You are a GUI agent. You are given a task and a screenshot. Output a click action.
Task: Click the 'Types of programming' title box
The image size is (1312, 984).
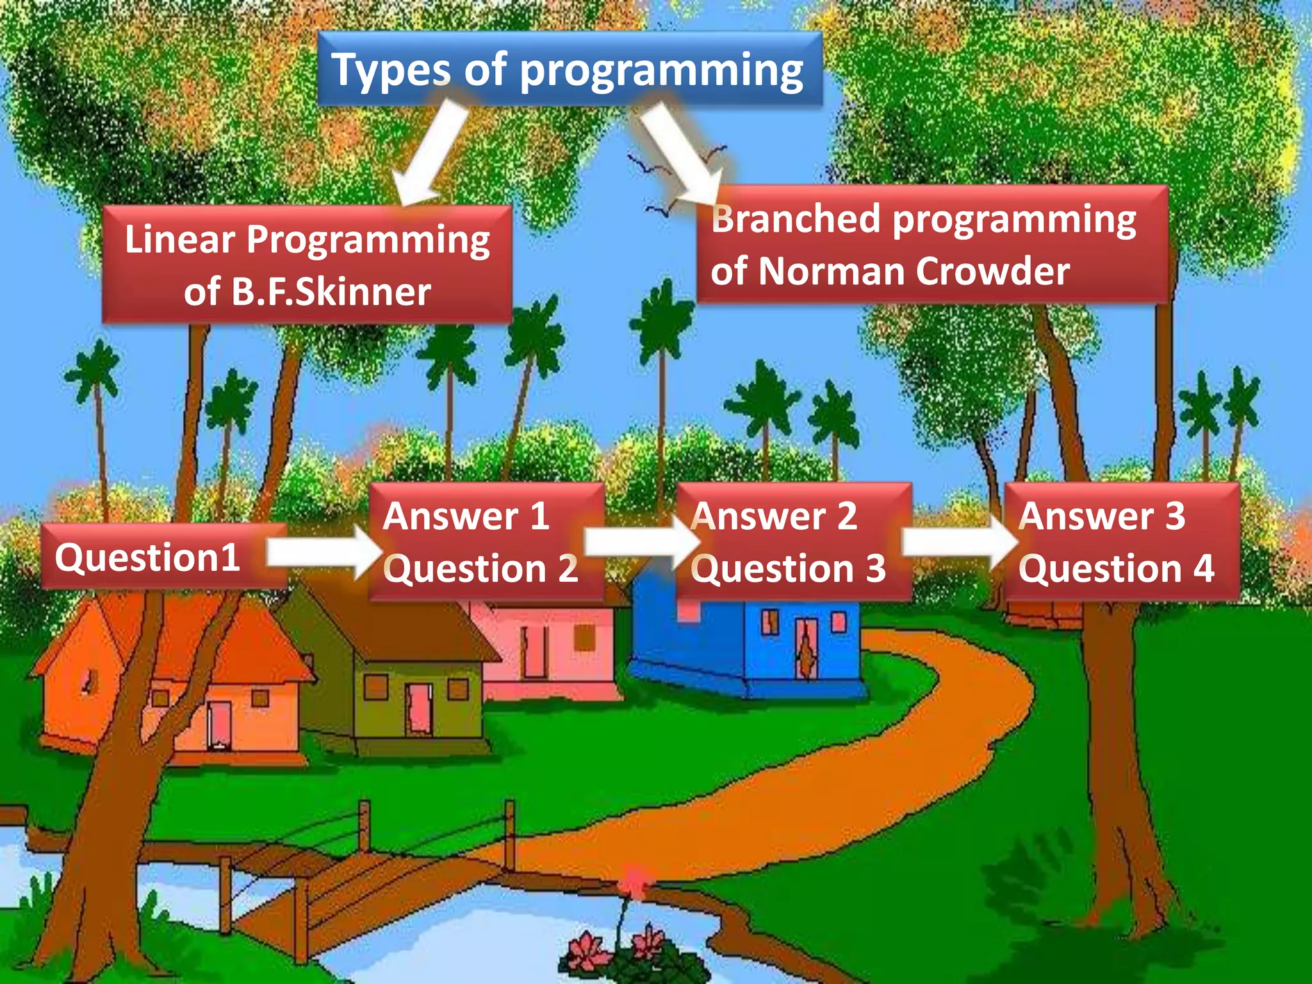[569, 69]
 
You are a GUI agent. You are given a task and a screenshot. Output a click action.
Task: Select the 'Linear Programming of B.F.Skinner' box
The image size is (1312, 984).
[307, 265]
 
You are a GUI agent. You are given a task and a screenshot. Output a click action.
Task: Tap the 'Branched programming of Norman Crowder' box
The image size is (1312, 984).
[932, 244]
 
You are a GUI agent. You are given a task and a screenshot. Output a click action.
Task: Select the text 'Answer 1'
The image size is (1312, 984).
[466, 516]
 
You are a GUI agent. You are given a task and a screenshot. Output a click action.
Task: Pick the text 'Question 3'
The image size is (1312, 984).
[788, 569]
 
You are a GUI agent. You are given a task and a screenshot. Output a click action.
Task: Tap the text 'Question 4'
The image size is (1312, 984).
[1116, 569]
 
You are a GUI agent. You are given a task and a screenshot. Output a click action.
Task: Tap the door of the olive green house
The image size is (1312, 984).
[419, 709]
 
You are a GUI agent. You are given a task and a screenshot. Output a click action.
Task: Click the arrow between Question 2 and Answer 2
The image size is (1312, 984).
[641, 543]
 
